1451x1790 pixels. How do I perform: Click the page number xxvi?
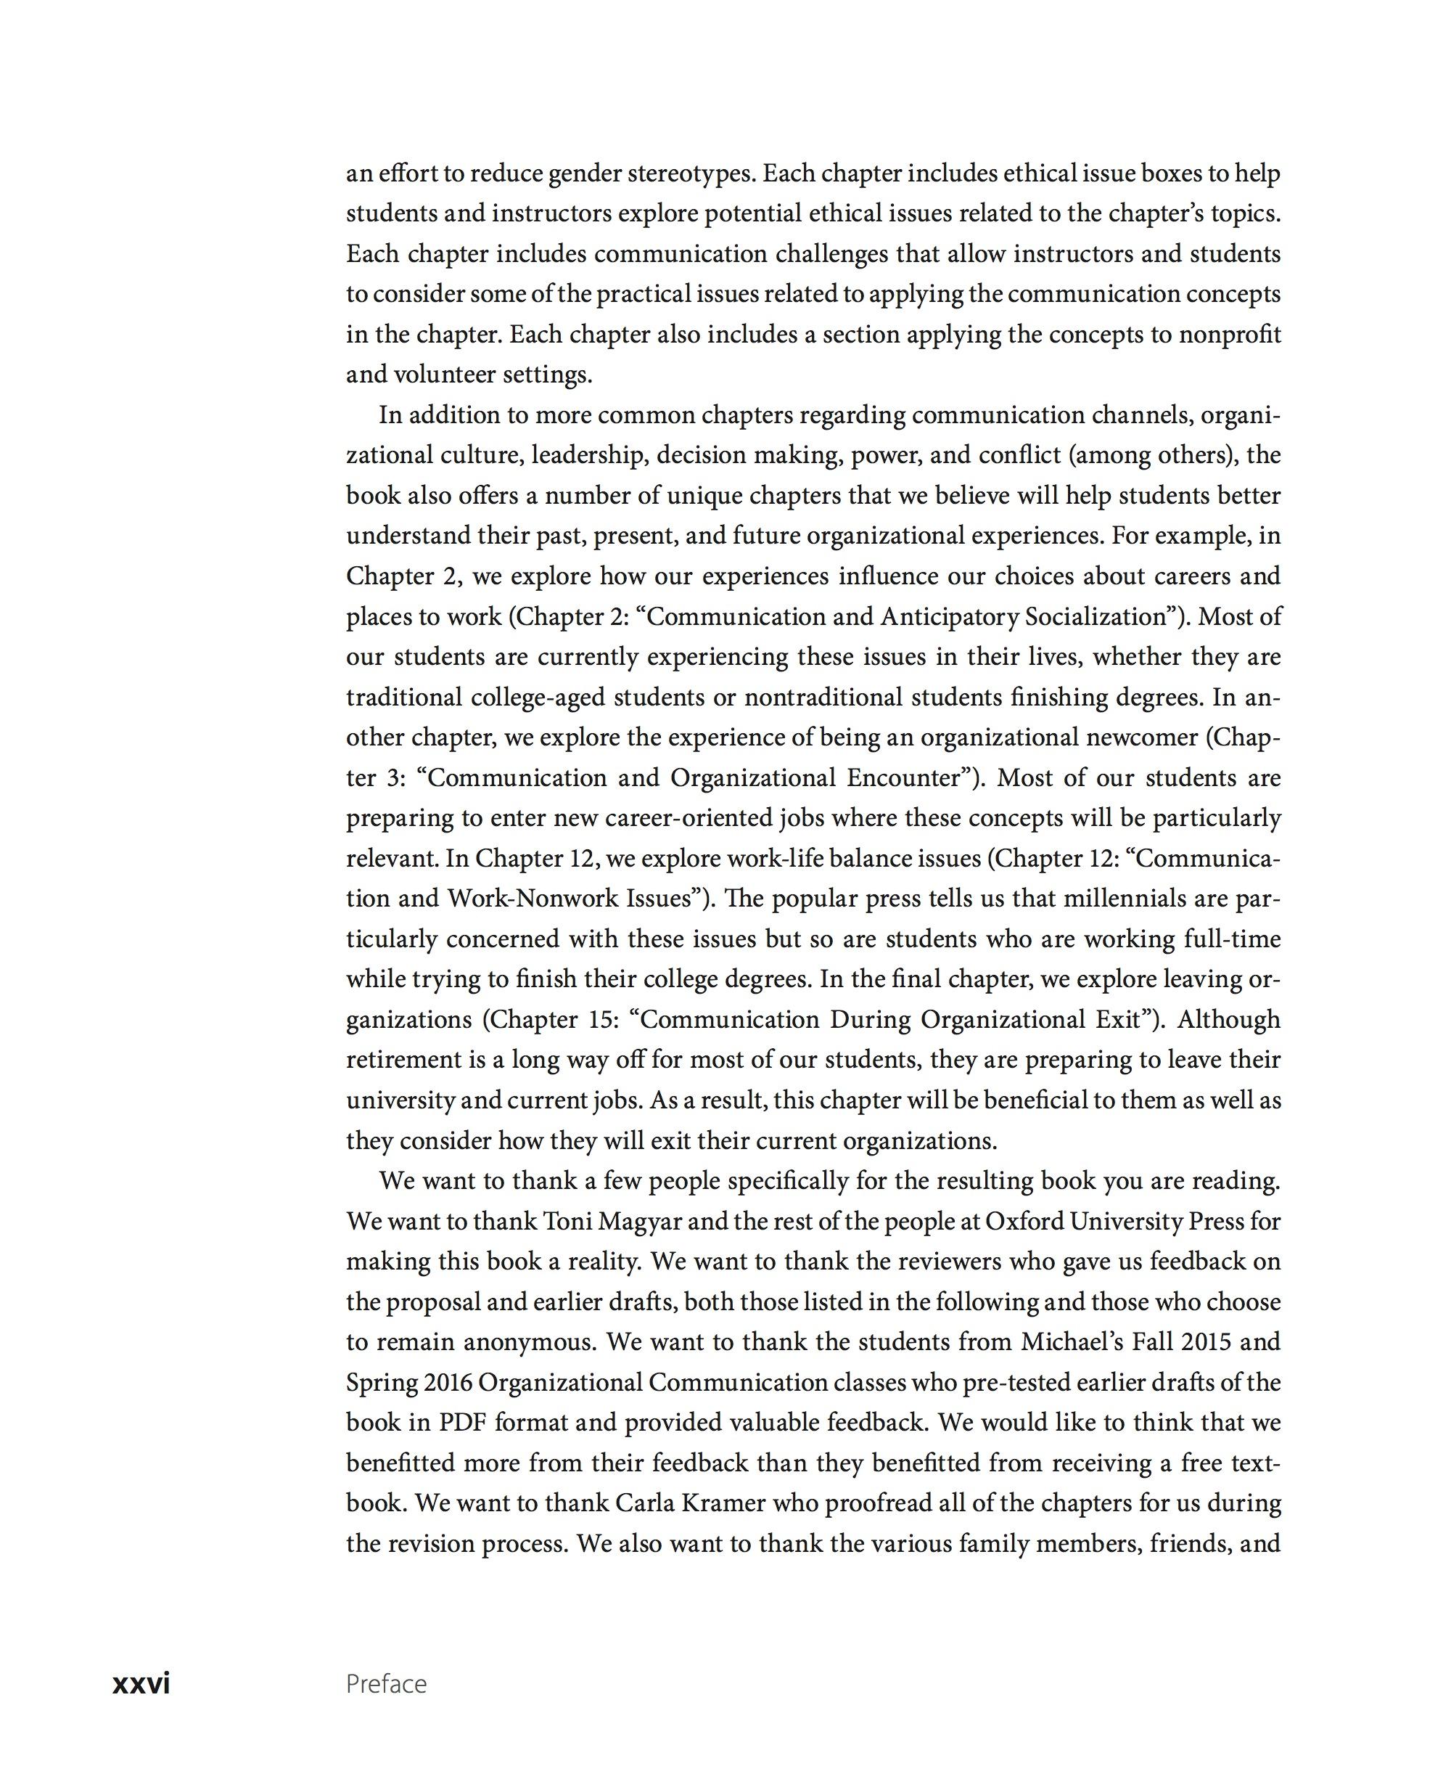click(141, 1682)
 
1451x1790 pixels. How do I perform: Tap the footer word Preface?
click(386, 1684)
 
